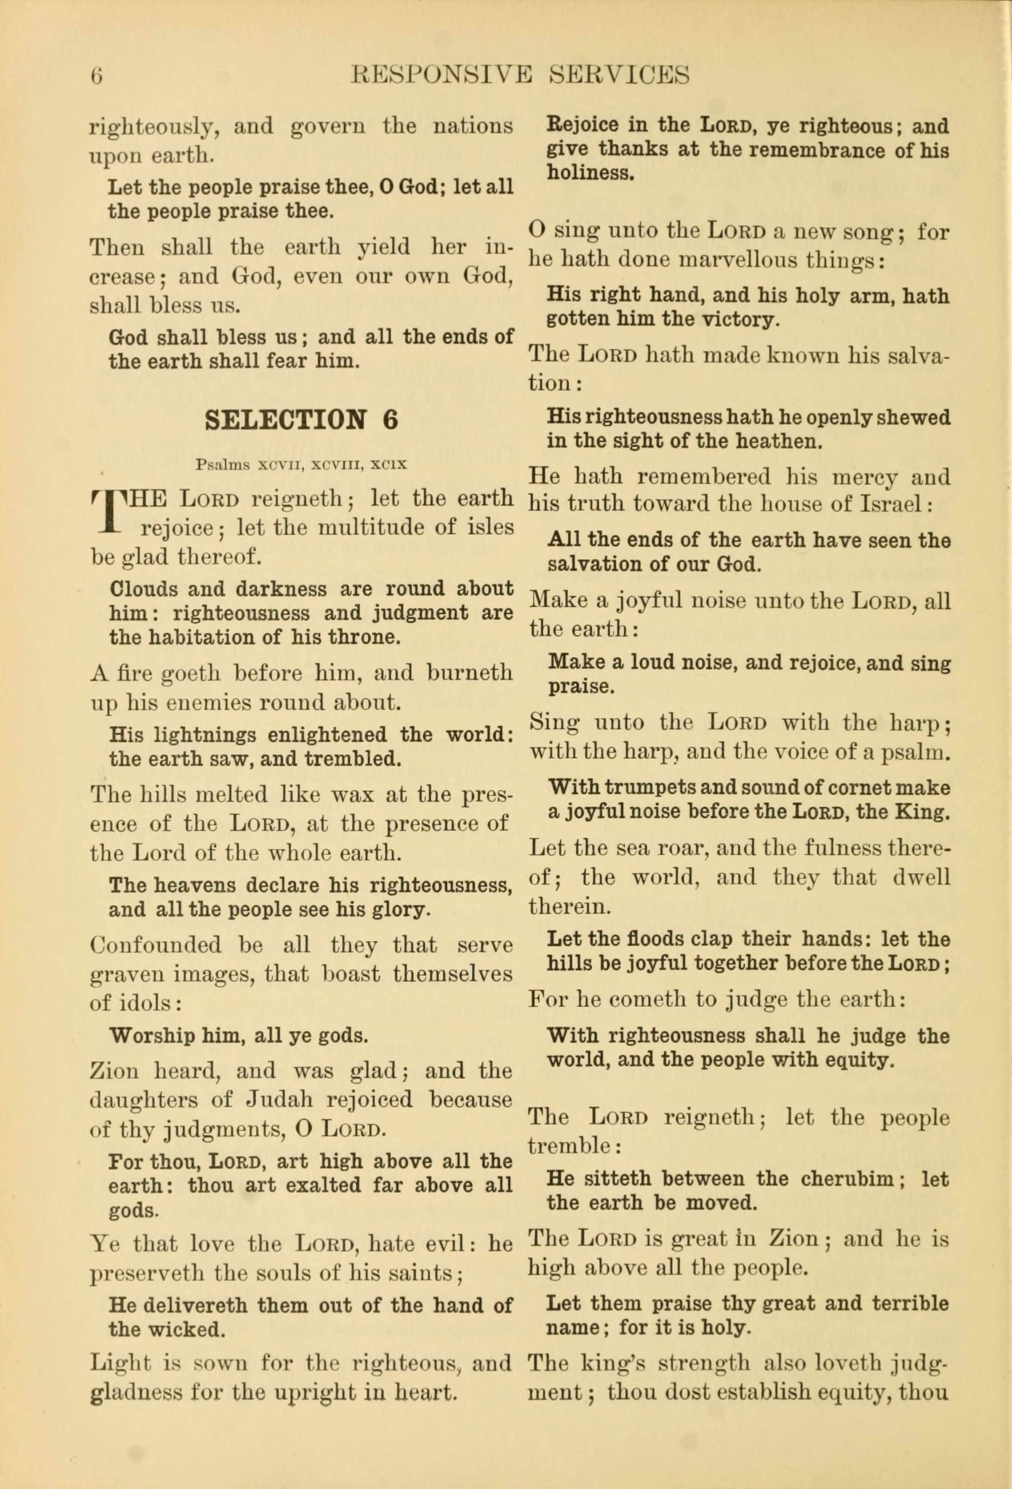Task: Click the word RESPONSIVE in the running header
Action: click(x=442, y=75)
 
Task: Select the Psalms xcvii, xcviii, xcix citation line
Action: click(x=301, y=464)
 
